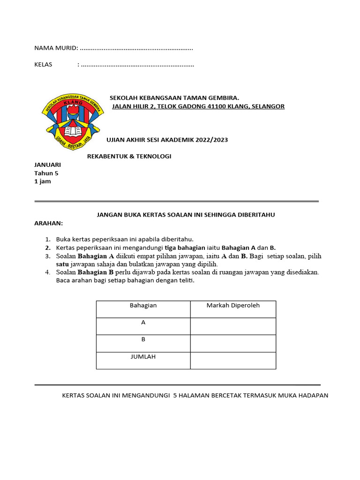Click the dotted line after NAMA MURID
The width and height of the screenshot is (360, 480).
136,48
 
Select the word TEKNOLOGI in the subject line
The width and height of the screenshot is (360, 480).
153,156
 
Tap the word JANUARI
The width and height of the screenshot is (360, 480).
47,165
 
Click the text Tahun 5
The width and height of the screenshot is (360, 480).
46,173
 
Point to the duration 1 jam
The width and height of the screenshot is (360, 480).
43,181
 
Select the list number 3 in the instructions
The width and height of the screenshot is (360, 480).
48,256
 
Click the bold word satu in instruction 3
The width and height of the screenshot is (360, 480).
62,264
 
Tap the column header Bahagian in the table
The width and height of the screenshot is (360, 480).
143,306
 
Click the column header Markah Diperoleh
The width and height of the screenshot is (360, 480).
233,306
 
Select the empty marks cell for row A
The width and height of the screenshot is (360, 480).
233,326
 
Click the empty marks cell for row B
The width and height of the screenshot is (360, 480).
233,343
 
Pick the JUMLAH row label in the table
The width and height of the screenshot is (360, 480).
143,357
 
